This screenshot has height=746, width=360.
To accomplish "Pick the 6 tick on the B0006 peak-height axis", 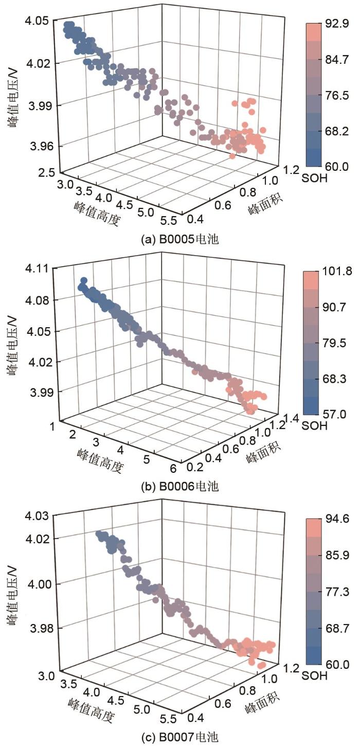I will coord(173,467).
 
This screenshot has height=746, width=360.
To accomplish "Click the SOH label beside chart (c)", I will coord(316,676).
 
